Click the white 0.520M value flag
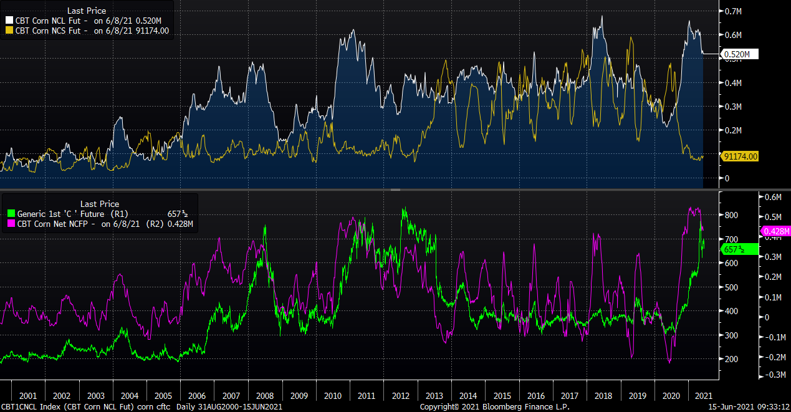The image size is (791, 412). coord(740,54)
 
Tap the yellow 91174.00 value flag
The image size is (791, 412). coord(740,156)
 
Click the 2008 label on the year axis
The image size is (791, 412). coord(265,396)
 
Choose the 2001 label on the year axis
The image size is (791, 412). coord(28,396)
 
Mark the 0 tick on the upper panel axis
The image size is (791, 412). coord(727,178)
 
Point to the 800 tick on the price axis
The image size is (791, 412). coord(731,216)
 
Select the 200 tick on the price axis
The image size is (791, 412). coord(731,360)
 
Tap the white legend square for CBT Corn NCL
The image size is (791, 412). coord(9,20)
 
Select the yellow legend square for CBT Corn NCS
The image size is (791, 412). coord(9,30)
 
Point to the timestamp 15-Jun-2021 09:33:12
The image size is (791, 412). coord(749,406)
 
